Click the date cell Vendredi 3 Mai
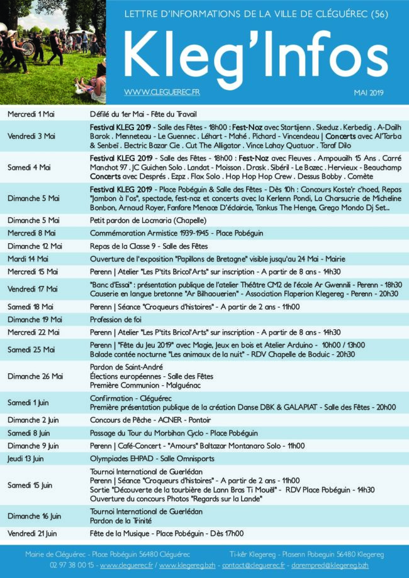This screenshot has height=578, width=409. [x=31, y=136]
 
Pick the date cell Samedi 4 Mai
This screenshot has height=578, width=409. [x=31, y=167]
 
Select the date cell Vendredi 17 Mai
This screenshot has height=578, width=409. [x=32, y=289]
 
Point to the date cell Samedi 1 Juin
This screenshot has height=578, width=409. [x=28, y=403]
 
